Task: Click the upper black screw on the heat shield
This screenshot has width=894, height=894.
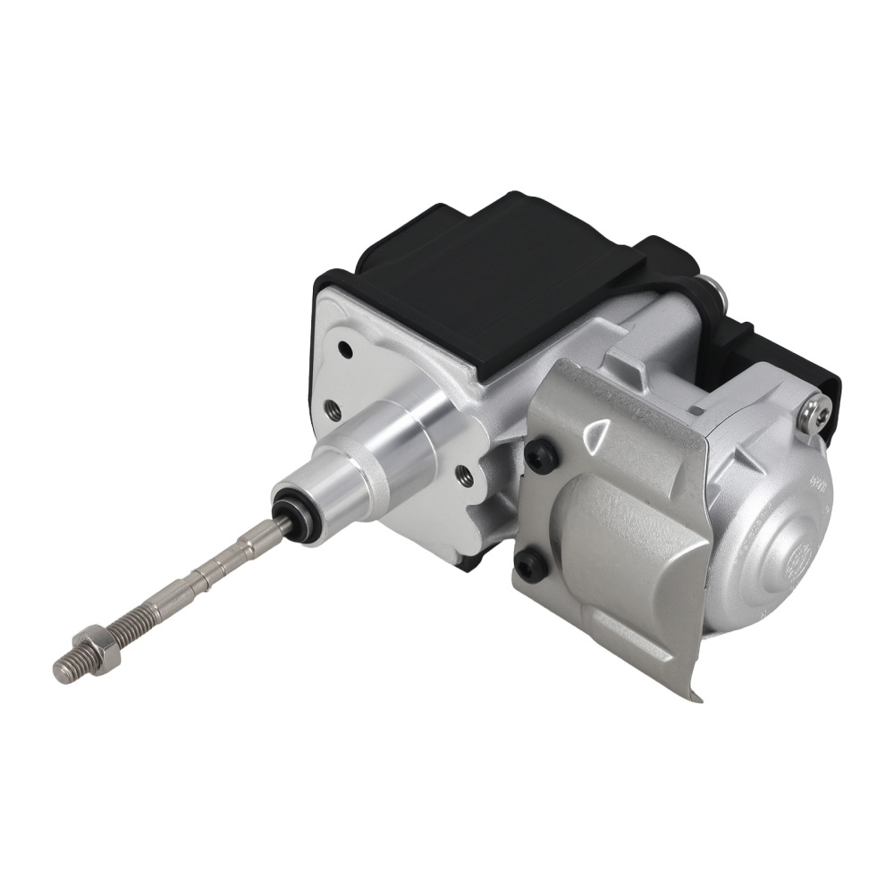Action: click(x=541, y=457)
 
